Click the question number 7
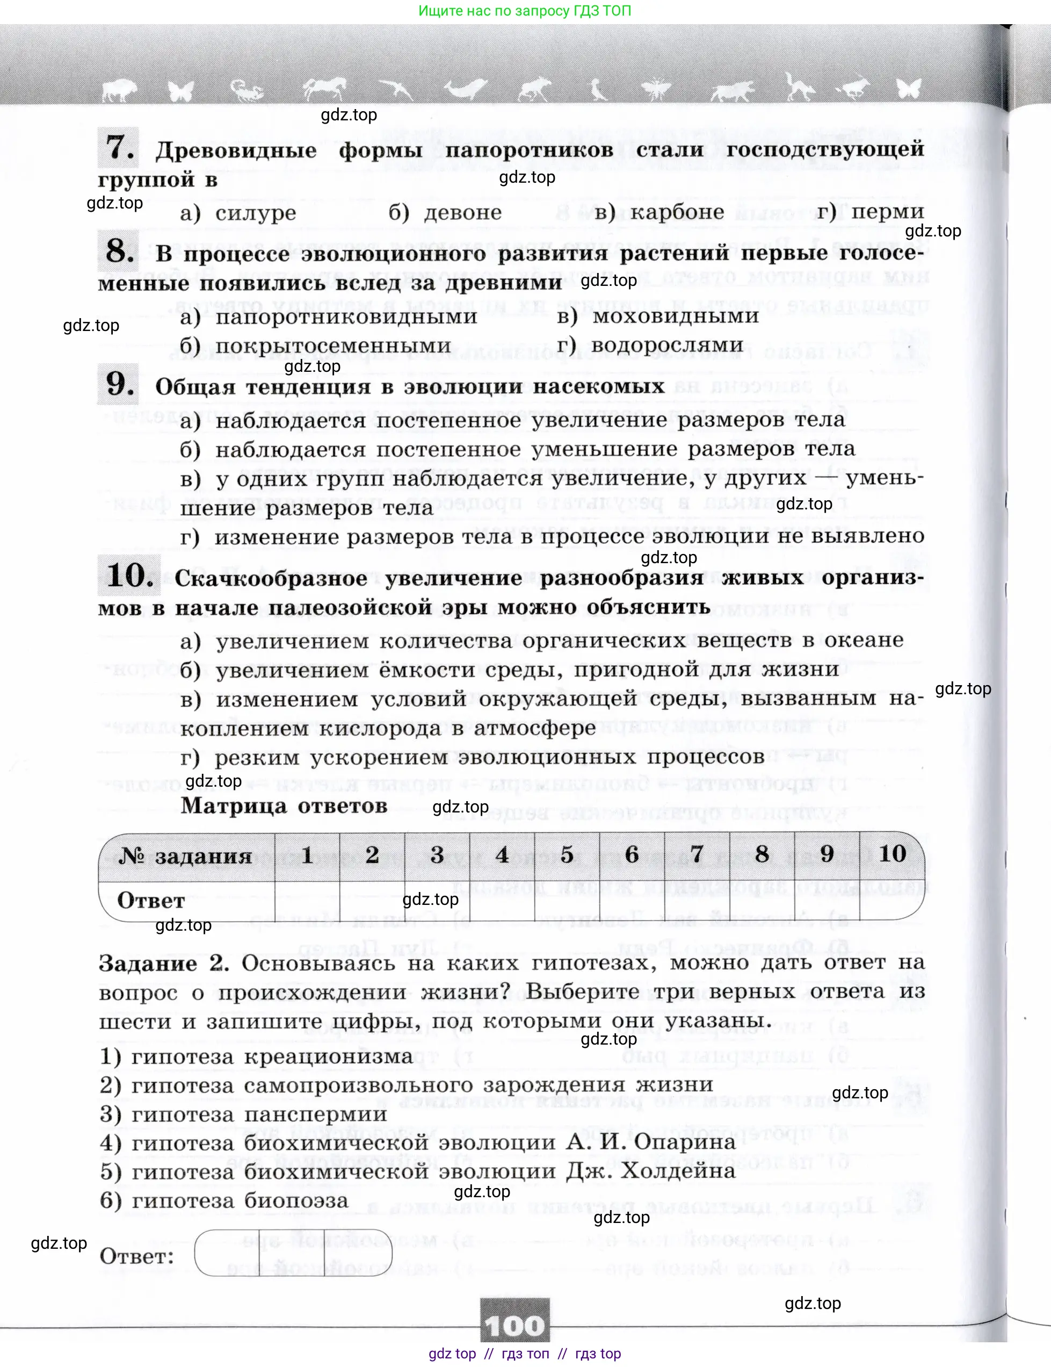[118, 148]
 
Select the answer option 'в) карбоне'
[659, 212]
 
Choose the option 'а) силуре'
[238, 213]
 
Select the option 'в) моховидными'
[657, 316]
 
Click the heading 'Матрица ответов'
[284, 805]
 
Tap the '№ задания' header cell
[186, 855]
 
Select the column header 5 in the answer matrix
[567, 854]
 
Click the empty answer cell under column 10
[891, 900]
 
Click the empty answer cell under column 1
[307, 900]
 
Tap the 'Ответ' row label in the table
[151, 901]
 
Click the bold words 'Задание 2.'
[163, 963]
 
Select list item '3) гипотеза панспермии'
[243, 1113]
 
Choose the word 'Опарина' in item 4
[684, 1142]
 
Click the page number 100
[515, 1326]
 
